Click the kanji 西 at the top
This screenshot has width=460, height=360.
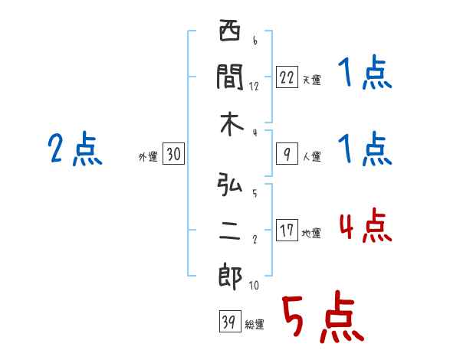click(x=230, y=34)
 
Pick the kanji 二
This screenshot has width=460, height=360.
click(x=230, y=231)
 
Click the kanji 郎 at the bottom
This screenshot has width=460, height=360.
click(x=230, y=277)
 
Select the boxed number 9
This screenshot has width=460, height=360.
click(x=286, y=155)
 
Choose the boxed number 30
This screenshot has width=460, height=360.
click(x=173, y=155)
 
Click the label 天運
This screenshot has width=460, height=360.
click(x=311, y=80)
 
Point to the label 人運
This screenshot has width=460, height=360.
click(x=311, y=156)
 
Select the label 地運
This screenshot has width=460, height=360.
click(x=311, y=233)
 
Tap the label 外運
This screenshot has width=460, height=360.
click(x=147, y=156)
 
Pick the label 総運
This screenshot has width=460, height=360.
click(x=254, y=324)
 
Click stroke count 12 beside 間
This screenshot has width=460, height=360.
click(x=254, y=86)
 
